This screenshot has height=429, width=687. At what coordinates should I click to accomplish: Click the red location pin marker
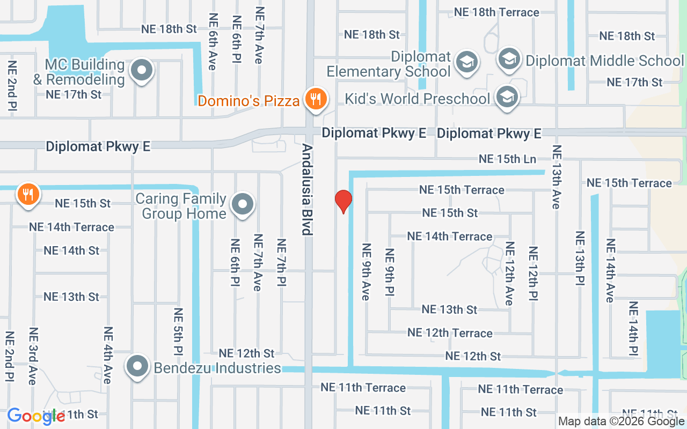[x=343, y=201]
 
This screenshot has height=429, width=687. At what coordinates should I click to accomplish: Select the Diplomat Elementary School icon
[x=466, y=62]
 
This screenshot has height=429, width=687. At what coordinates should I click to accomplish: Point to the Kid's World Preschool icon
[x=506, y=98]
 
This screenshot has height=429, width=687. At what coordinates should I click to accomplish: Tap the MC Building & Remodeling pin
[x=142, y=70]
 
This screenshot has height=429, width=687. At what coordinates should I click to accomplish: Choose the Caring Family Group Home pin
[x=243, y=204]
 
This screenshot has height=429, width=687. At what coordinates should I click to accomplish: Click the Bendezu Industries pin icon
[x=137, y=367]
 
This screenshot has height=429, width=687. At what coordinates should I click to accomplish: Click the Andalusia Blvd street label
[x=306, y=189]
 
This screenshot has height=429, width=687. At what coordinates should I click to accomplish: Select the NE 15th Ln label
[x=507, y=159]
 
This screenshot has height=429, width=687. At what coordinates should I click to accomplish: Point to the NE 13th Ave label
[x=556, y=177]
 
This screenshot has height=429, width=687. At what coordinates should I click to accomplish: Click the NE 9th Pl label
[x=390, y=272]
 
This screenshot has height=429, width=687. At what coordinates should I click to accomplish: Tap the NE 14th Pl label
[x=633, y=328]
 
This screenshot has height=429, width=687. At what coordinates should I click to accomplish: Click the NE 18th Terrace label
[x=496, y=12]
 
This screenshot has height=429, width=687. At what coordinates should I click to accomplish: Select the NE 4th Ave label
[x=108, y=355]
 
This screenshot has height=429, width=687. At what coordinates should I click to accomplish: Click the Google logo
[x=36, y=417]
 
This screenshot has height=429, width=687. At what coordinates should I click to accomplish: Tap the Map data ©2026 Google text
[x=621, y=421]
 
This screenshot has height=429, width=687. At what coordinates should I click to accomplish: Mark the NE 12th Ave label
[x=509, y=273]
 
